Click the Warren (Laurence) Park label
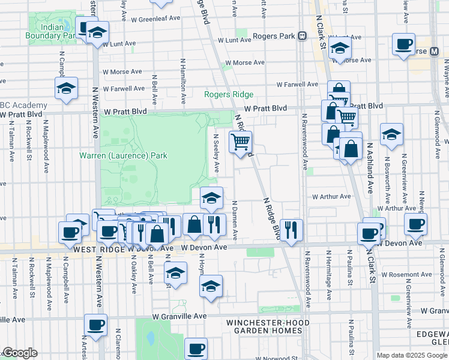click(x=123, y=155)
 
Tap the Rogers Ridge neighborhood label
click(x=229, y=95)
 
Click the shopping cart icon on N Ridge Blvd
click(x=240, y=142)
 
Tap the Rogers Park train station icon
click(x=303, y=36)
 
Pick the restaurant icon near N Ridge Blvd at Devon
click(x=291, y=229)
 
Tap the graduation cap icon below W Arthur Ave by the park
click(x=211, y=197)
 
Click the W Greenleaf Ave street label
click(x=155, y=19)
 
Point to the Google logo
click(x=19, y=353)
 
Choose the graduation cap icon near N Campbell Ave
click(x=66, y=89)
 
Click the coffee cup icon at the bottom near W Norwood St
click(x=195, y=348)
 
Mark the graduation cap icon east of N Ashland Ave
click(x=391, y=134)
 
